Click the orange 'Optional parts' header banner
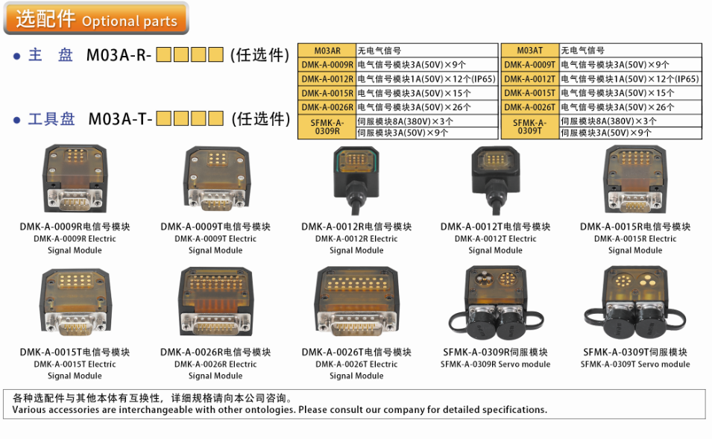click(97, 19)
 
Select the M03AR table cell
click(327, 51)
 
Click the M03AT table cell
click(529, 51)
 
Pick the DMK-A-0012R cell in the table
click(327, 79)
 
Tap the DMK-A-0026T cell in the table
click(529, 107)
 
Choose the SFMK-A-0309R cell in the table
click(327, 127)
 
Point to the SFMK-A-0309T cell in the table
click(529, 127)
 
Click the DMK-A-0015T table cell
click(529, 93)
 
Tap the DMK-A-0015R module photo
click(635, 178)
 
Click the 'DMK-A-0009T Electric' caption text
click(215, 239)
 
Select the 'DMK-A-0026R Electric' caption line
click(215, 364)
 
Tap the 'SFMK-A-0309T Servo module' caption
click(635, 364)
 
